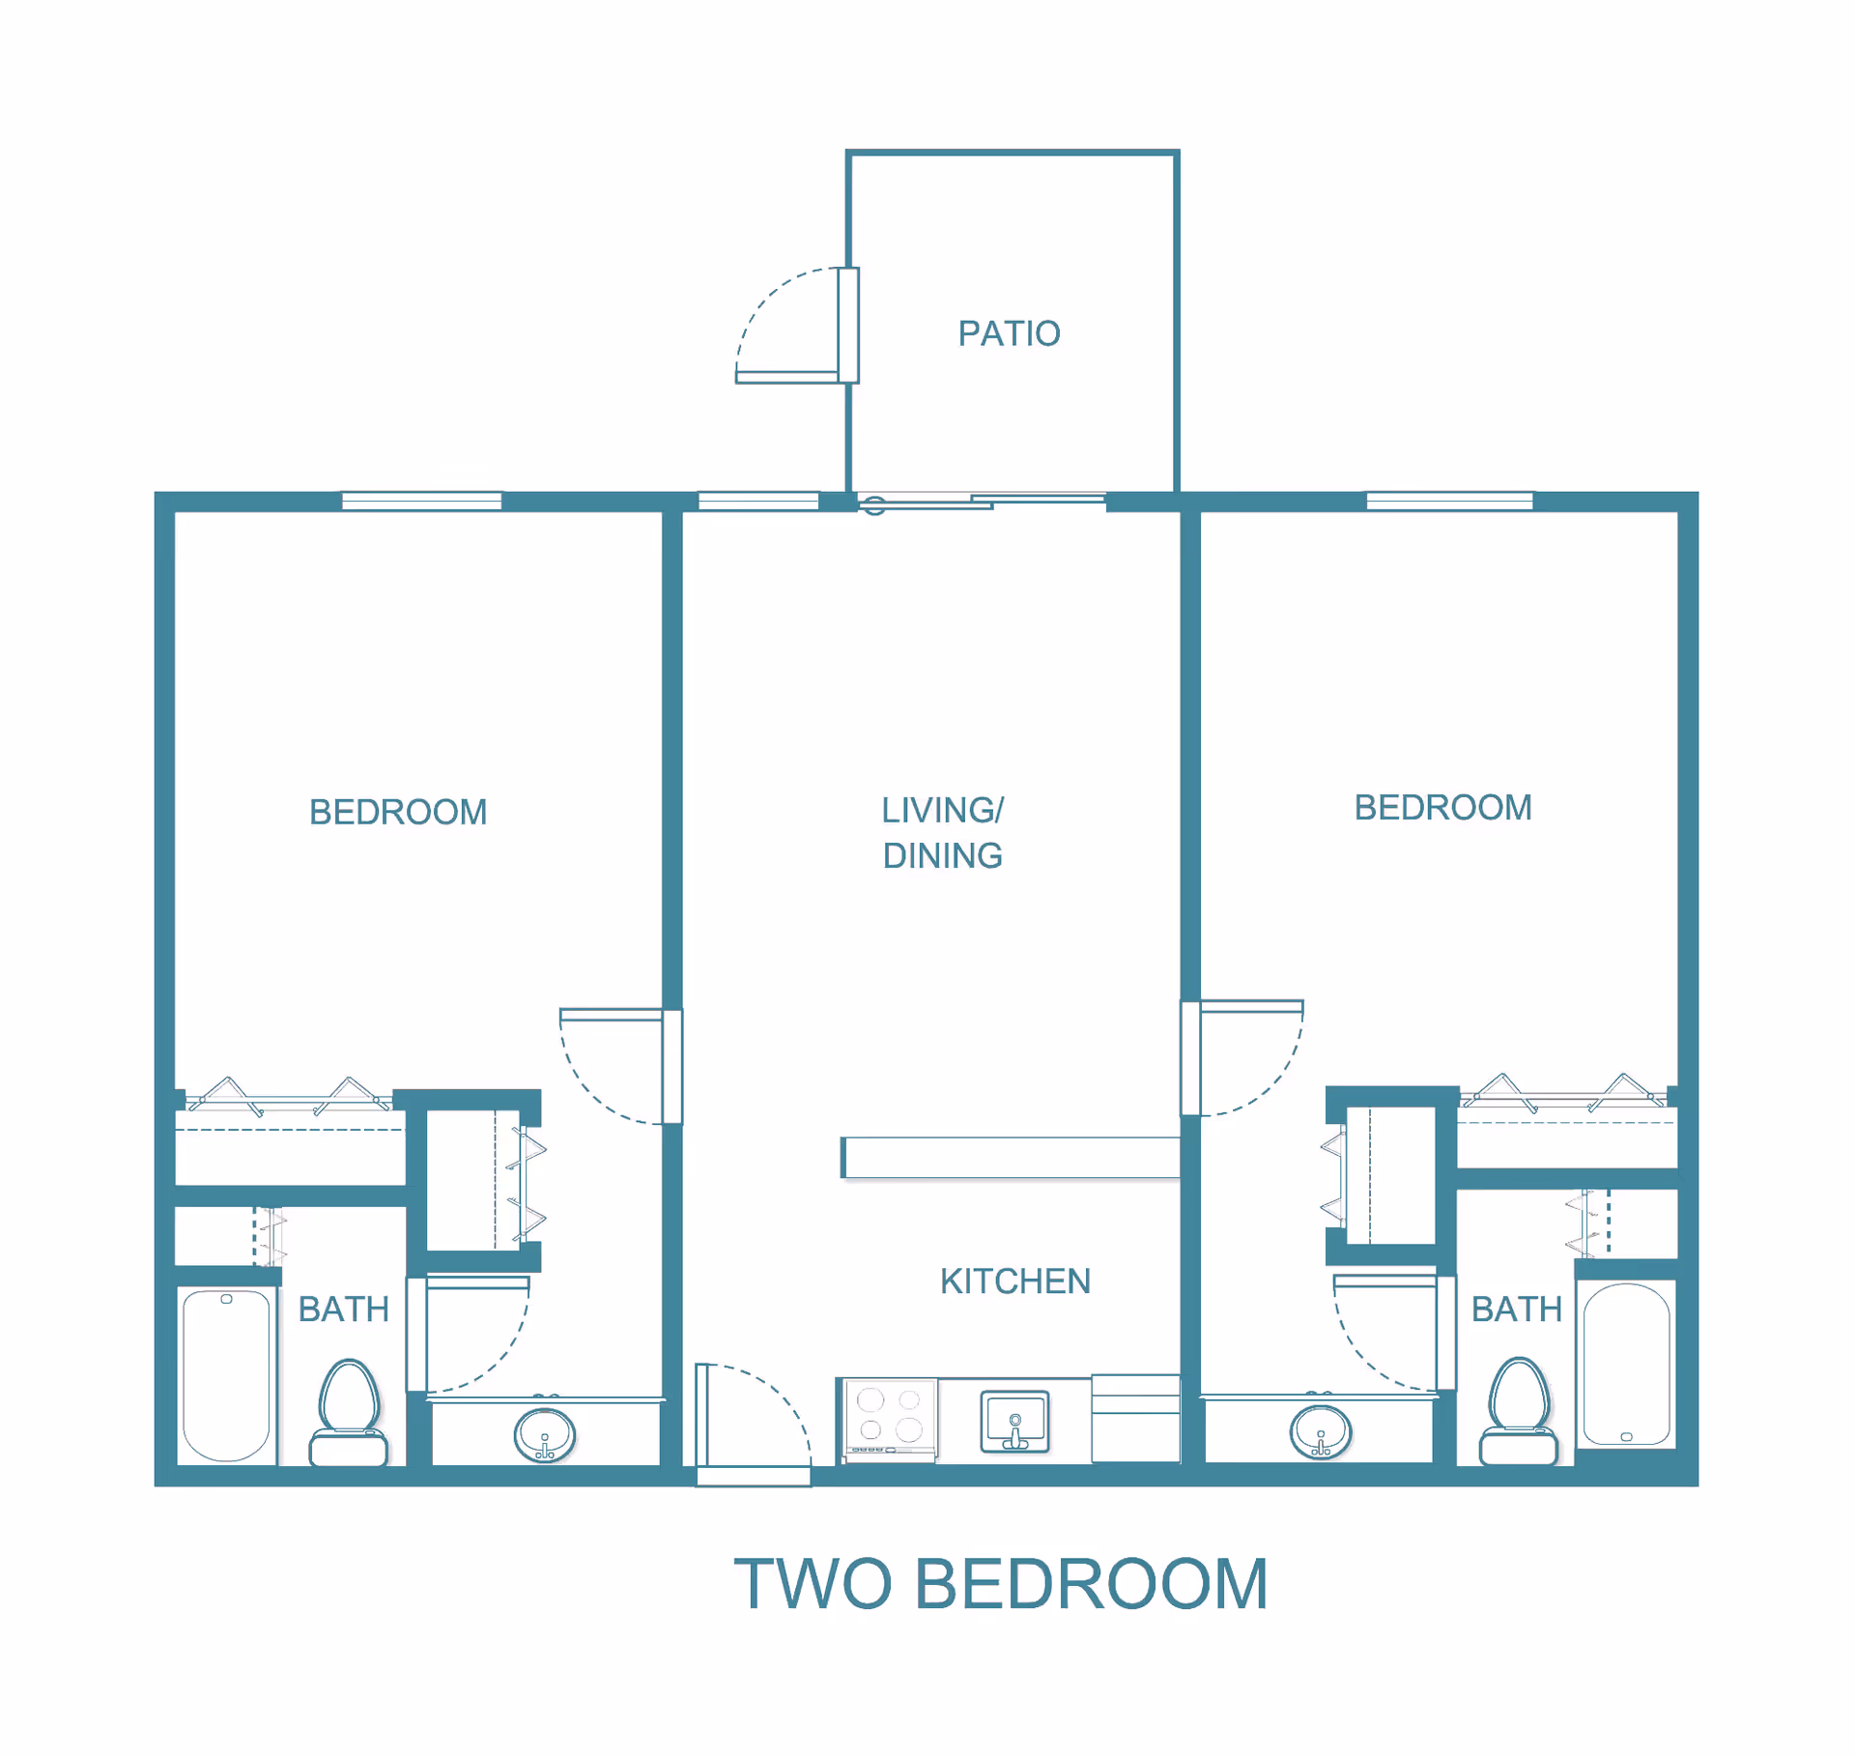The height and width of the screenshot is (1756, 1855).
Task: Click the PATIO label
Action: click(x=1009, y=333)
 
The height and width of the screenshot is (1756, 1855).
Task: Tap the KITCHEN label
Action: click(x=1014, y=1281)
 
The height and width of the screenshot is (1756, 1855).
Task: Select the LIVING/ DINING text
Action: click(x=942, y=832)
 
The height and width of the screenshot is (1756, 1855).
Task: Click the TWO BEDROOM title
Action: click(x=1000, y=1585)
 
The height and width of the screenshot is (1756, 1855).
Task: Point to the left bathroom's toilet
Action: click(x=349, y=1412)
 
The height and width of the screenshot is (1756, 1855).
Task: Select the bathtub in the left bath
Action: click(x=226, y=1375)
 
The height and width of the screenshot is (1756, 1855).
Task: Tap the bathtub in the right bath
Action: click(x=1626, y=1364)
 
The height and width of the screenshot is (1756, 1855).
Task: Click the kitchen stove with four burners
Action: click(x=890, y=1417)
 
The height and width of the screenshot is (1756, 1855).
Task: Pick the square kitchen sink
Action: click(x=1014, y=1421)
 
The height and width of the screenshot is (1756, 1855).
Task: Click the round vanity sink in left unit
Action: click(x=545, y=1434)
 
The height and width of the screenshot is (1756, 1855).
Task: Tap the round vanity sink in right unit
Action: click(x=1320, y=1431)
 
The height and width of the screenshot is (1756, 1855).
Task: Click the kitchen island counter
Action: click(x=1011, y=1158)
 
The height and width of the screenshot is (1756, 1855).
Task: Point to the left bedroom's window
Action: click(x=421, y=501)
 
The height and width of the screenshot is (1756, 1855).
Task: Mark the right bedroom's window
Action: click(x=1449, y=501)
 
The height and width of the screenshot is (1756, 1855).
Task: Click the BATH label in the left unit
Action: click(x=343, y=1310)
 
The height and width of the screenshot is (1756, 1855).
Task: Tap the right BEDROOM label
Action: click(x=1442, y=808)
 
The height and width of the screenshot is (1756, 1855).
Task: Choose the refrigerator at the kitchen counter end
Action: click(x=1135, y=1417)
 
